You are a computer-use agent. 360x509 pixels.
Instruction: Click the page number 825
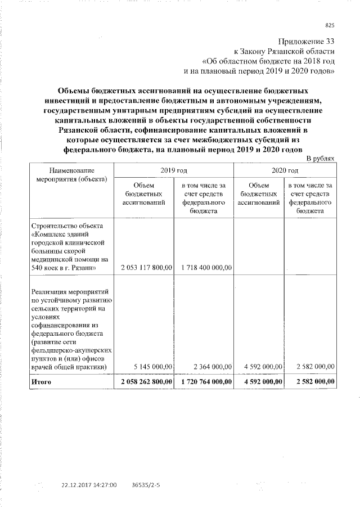click(x=330, y=24)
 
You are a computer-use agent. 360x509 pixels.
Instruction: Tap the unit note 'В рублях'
click(x=321, y=159)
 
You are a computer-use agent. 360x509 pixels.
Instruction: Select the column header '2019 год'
click(x=174, y=169)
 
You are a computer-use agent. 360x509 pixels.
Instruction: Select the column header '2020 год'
click(x=285, y=169)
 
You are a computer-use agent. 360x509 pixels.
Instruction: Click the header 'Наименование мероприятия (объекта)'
click(x=71, y=174)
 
